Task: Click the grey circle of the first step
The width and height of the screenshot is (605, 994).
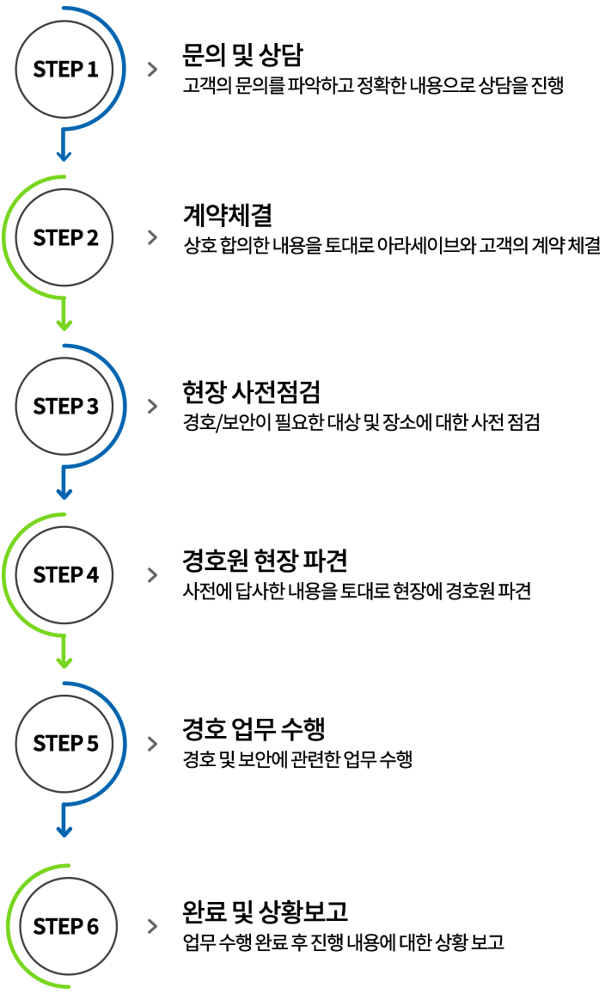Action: pos(64,68)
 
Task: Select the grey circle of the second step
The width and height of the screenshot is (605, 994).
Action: pos(64,236)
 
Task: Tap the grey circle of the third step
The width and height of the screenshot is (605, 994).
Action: pos(64,406)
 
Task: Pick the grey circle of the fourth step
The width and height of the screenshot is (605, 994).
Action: pos(64,574)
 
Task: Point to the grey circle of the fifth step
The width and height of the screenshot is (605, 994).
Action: pos(64,743)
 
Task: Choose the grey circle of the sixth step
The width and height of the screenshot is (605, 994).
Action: pos(68,926)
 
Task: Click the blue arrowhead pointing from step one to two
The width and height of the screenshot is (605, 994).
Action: pos(64,156)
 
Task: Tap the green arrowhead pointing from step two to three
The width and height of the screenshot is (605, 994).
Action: pos(64,324)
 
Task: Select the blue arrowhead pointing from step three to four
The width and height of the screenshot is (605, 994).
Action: pos(64,494)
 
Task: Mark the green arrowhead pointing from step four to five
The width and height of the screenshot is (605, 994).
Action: pos(64,662)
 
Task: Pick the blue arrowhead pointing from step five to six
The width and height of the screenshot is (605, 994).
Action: pos(64,831)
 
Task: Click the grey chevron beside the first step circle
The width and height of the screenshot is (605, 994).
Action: pos(153,70)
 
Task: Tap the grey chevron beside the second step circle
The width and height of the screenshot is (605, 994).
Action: pos(153,238)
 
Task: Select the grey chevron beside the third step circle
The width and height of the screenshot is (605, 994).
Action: pos(153,407)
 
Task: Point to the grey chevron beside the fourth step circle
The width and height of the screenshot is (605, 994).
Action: pos(153,575)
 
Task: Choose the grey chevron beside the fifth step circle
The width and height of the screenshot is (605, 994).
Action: pos(153,744)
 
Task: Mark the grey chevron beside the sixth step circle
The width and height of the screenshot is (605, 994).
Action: pos(153,926)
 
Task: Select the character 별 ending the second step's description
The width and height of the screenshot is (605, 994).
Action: pos(592,247)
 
